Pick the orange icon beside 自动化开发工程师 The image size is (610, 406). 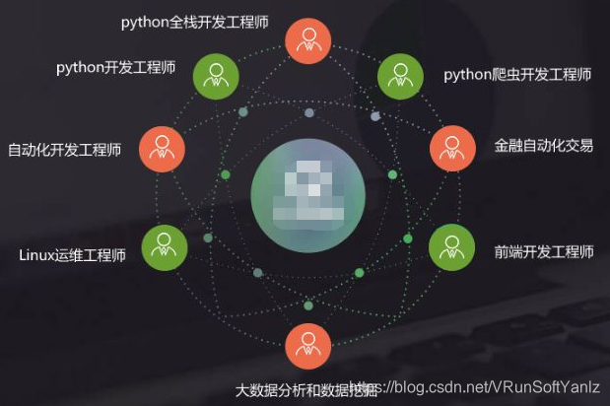pyautogui.click(x=161, y=150)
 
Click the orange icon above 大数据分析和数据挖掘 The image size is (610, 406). pyautogui.click(x=307, y=346)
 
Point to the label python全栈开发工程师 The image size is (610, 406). pyautogui.click(x=195, y=21)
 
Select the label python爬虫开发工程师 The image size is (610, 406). pyautogui.click(x=517, y=74)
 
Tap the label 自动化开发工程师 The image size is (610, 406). pyautogui.click(x=64, y=151)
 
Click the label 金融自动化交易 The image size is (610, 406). pyautogui.click(x=544, y=146)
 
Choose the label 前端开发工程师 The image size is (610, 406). pyautogui.click(x=544, y=252)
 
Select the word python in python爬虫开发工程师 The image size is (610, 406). pyautogui.click(x=467, y=74)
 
